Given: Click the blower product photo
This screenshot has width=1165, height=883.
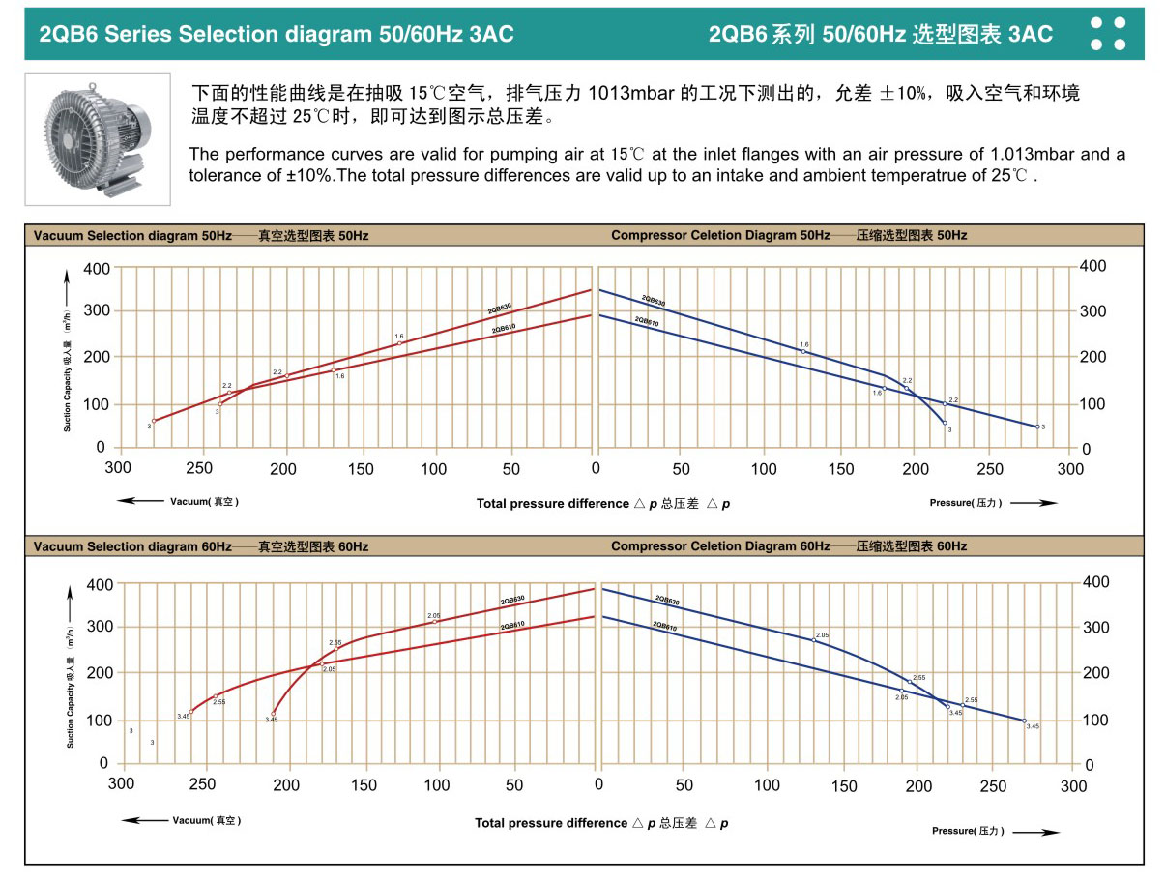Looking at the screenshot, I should click(97, 138).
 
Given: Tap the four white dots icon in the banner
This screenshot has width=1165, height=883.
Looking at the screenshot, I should click(1108, 33).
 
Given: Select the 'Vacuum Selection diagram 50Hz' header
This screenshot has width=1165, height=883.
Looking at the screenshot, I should click(131, 236).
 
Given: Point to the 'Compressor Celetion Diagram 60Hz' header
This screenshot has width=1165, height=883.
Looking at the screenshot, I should click(720, 546).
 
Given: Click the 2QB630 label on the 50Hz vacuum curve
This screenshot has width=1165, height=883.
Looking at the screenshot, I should click(500, 309).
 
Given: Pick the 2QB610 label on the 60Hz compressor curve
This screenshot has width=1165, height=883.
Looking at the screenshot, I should click(664, 627).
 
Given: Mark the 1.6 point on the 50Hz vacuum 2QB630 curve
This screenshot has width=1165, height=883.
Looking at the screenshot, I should click(399, 343).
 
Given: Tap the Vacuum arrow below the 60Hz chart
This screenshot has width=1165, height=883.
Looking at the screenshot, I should click(145, 820).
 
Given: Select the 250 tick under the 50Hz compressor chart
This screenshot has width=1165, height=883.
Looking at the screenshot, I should click(990, 469).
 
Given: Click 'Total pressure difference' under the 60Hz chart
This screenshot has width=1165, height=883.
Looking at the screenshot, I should click(551, 823).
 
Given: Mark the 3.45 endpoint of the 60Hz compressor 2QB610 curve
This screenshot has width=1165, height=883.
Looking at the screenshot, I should click(1024, 720).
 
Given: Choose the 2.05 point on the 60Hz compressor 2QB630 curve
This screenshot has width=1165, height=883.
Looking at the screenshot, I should click(814, 640).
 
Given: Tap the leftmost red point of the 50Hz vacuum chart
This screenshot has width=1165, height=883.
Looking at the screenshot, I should click(154, 421).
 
